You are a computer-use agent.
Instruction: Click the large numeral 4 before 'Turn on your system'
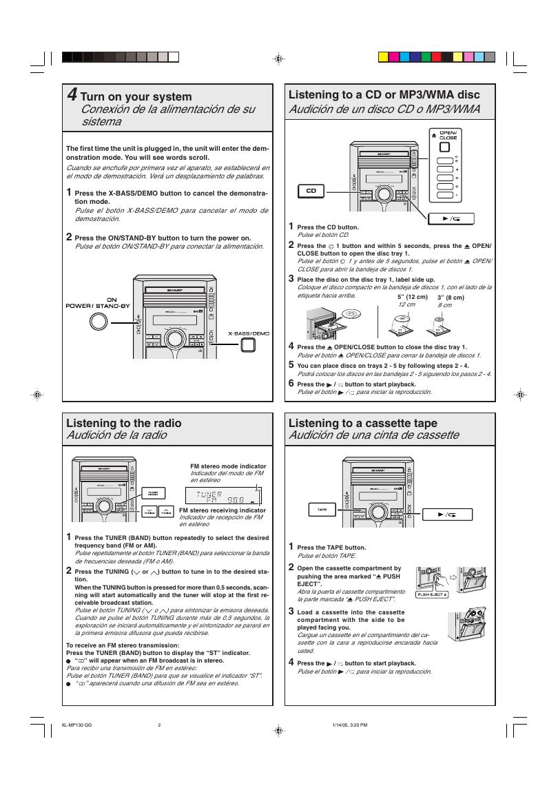(x=72, y=95)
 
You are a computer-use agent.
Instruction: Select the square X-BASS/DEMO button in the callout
(x=248, y=344)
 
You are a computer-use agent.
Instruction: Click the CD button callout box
(x=311, y=191)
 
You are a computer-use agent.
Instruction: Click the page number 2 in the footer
(x=159, y=725)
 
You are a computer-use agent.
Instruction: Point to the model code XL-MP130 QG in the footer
(x=76, y=725)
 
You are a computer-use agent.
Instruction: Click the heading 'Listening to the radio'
(x=124, y=423)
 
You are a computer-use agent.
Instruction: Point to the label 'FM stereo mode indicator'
(x=228, y=466)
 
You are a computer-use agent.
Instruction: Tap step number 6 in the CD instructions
(x=291, y=383)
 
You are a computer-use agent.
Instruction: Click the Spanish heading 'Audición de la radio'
(x=116, y=435)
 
